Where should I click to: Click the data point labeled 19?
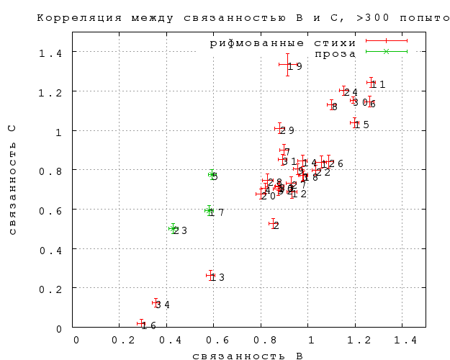point(288,64)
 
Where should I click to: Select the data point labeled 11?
point(372,83)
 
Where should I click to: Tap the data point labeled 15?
point(354,122)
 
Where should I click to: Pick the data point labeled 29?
point(279,128)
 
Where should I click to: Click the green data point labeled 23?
point(173,228)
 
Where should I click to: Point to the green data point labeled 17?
point(209,210)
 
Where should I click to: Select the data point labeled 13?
point(210,275)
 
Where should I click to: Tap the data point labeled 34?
point(156,302)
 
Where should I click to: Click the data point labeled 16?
point(141,324)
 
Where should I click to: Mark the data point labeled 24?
point(343,90)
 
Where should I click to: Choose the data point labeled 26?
point(328,162)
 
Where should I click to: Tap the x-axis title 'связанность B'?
point(247,356)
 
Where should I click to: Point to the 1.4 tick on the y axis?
point(55,52)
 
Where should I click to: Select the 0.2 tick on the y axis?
point(55,288)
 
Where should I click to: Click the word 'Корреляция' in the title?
point(72,16)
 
